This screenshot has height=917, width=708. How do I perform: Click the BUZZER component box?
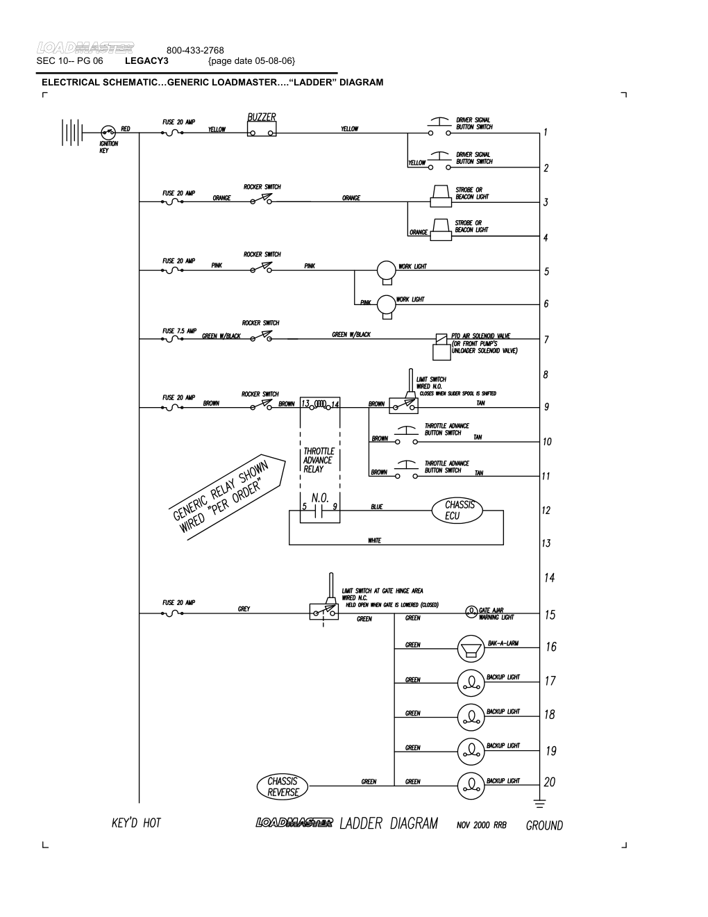click(x=262, y=129)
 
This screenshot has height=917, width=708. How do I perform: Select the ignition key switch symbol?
click(x=108, y=131)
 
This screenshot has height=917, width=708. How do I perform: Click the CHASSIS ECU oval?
click(x=459, y=510)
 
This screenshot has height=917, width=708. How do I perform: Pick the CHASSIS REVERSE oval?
click(x=283, y=786)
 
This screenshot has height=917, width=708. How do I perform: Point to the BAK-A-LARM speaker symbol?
click(x=471, y=650)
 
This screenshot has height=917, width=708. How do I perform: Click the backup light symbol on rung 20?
click(x=471, y=785)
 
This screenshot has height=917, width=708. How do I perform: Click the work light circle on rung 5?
click(x=385, y=270)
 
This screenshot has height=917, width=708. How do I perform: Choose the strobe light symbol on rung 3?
click(x=440, y=196)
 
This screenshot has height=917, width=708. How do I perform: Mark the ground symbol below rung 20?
click(x=539, y=804)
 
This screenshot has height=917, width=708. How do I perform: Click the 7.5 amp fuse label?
click(x=179, y=331)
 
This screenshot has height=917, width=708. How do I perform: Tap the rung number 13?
click(x=546, y=543)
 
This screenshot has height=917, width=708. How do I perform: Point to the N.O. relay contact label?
click(x=319, y=497)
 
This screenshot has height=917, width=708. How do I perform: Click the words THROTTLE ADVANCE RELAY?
click(x=319, y=460)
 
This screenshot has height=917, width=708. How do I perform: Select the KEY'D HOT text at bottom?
click(x=136, y=823)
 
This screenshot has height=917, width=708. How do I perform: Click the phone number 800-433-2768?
click(x=195, y=51)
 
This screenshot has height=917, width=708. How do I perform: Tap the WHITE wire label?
click(x=374, y=540)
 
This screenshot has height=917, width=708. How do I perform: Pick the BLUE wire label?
click(x=376, y=507)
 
